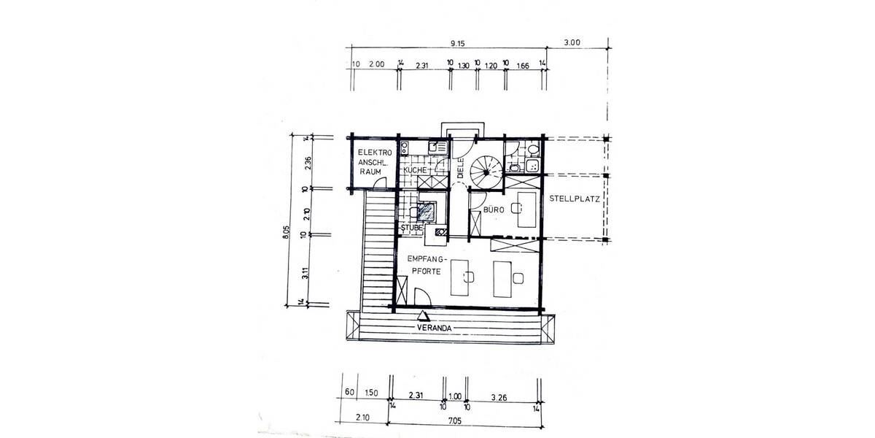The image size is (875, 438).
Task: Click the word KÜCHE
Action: (x=415, y=170)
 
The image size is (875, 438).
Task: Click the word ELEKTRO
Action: (x=375, y=153)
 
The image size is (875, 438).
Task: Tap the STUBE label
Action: (x=411, y=228)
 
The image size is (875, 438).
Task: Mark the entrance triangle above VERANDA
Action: (x=423, y=316)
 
